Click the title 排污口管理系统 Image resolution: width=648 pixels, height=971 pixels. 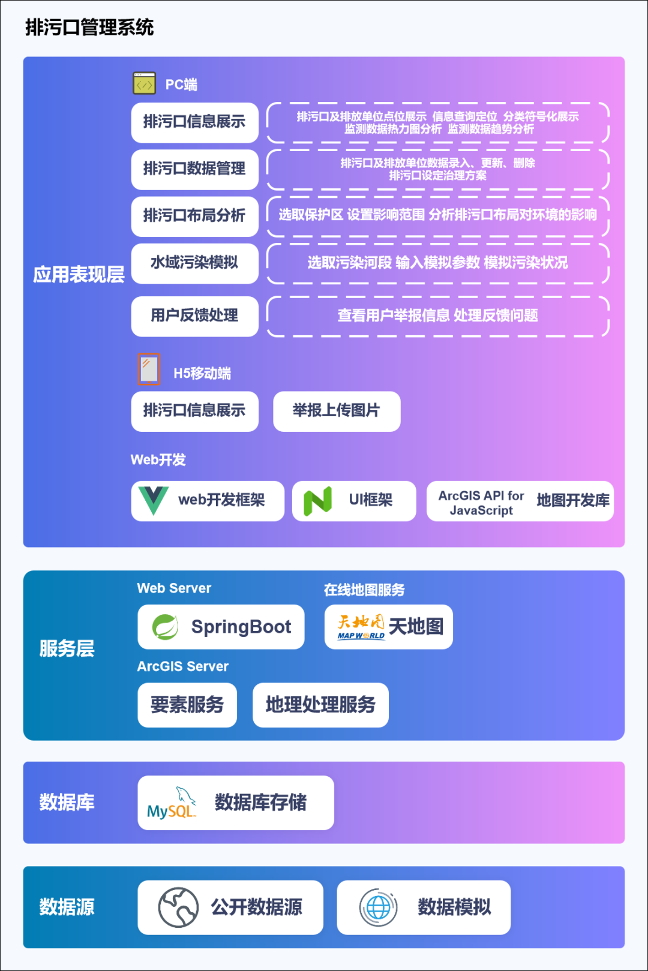pyautogui.click(x=89, y=28)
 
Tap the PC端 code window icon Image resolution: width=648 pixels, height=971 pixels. pyautogui.click(x=144, y=83)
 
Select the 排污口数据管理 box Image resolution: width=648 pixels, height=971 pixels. pyautogui.click(x=194, y=169)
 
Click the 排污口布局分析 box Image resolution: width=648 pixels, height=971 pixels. pyautogui.click(x=194, y=216)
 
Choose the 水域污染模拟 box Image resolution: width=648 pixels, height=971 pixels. pyautogui.click(x=194, y=263)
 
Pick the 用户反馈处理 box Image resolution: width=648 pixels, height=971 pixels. pyautogui.click(x=194, y=315)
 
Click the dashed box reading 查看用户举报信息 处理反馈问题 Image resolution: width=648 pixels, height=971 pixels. pyautogui.click(x=437, y=315)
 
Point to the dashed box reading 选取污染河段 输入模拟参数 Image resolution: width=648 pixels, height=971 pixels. pyautogui.click(x=437, y=263)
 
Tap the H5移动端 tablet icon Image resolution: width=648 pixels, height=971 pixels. pyautogui.click(x=149, y=369)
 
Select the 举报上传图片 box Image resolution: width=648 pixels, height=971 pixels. pyautogui.click(x=336, y=411)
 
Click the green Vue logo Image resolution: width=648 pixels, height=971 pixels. pyautogui.click(x=153, y=500)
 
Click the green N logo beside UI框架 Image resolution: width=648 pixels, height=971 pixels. pyautogui.click(x=317, y=501)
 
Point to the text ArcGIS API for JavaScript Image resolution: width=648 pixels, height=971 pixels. pyautogui.click(x=481, y=503)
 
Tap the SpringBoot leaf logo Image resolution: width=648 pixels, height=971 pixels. pyautogui.click(x=165, y=627)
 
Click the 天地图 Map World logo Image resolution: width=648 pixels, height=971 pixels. pyautogui.click(x=361, y=627)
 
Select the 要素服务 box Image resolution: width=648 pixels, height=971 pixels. pyautogui.click(x=187, y=705)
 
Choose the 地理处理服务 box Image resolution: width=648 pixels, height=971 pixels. pyautogui.click(x=320, y=705)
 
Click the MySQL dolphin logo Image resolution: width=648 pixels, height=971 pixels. pyautogui.click(x=172, y=803)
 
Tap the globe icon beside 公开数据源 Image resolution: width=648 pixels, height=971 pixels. pyautogui.click(x=178, y=907)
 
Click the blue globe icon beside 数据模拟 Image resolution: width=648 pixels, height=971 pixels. pyautogui.click(x=378, y=907)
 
